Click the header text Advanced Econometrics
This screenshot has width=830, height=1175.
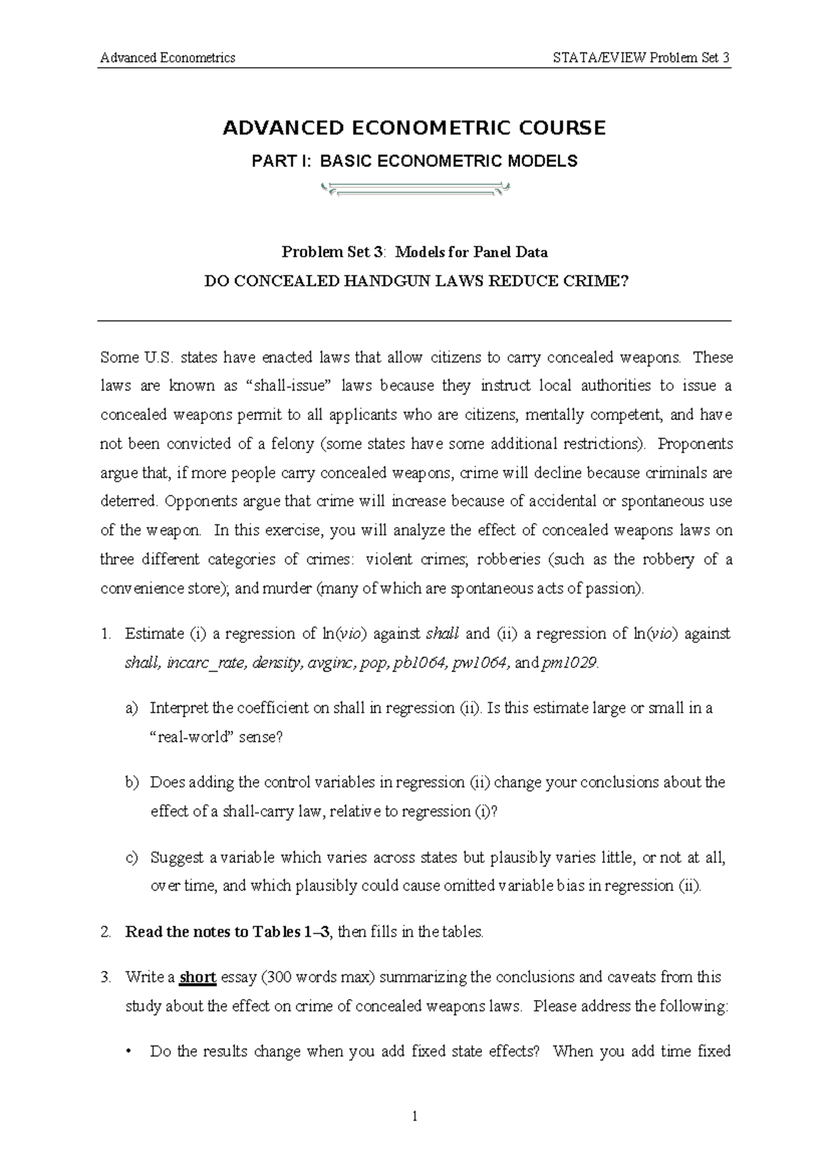(167, 57)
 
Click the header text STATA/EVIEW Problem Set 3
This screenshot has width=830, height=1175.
(641, 57)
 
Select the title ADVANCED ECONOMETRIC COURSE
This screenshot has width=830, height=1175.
(414, 128)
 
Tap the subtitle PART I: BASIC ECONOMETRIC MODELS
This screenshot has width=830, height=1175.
(414, 161)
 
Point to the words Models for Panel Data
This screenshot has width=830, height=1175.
(471, 252)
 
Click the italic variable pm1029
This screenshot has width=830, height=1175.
(569, 663)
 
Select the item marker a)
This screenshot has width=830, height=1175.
(131, 708)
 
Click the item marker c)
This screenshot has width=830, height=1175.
(131, 858)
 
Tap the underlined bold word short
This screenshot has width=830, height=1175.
(198, 978)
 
